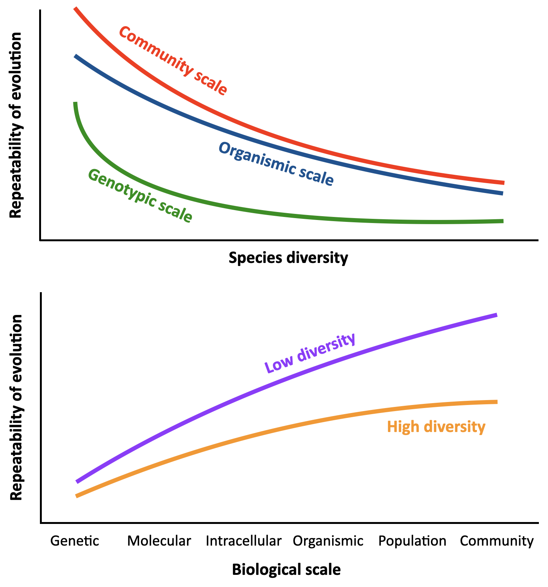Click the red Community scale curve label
[x=173, y=61]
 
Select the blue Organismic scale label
[x=276, y=164]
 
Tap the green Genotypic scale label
[x=140, y=196]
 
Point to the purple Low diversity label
[x=310, y=353]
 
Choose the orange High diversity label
[x=436, y=427]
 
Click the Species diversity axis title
[x=288, y=258]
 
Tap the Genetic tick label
[x=74, y=541]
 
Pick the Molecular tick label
[x=159, y=541]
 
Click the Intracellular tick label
[x=244, y=541]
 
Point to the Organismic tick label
[x=328, y=541]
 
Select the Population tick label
[x=412, y=541]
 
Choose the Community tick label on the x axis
[x=497, y=541]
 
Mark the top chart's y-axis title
[x=16, y=125]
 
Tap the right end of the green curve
[x=502, y=221]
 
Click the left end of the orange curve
[x=77, y=496]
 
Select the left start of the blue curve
[x=76, y=56]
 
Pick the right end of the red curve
[x=503, y=183]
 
